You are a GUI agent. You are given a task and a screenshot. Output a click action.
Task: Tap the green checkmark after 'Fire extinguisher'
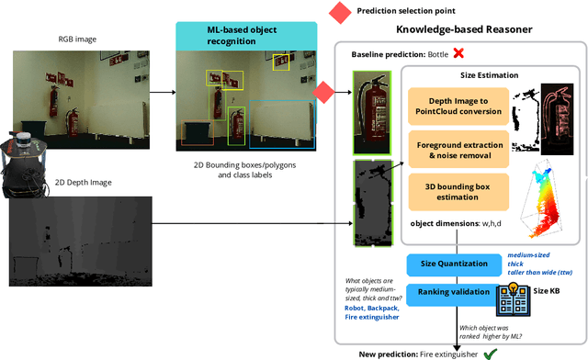[491, 353]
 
